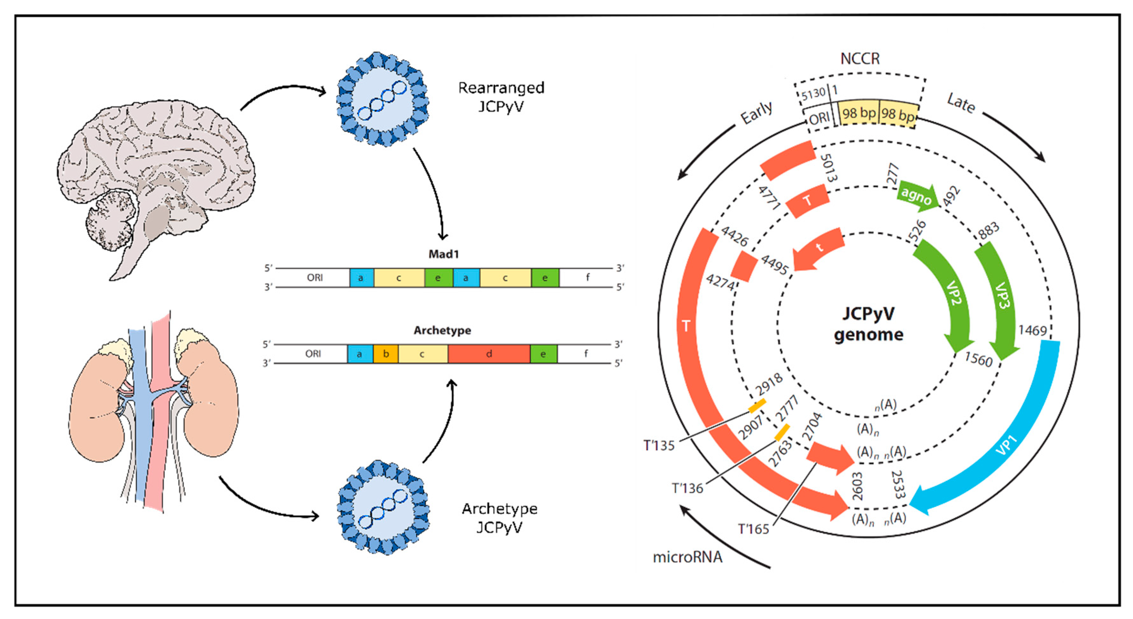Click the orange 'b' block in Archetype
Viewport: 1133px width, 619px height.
[386, 354]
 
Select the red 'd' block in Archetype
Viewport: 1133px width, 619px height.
[489, 354]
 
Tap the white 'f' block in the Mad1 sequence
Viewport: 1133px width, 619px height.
[587, 278]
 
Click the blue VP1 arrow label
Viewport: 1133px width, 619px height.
[1006, 444]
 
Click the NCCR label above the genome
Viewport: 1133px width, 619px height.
[860, 59]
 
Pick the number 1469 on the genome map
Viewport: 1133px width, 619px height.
[1032, 330]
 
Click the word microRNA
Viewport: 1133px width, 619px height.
[687, 557]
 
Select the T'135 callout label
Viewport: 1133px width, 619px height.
[658, 445]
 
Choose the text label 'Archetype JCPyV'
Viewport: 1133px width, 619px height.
[499, 518]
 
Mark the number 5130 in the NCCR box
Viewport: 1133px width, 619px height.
[813, 94]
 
